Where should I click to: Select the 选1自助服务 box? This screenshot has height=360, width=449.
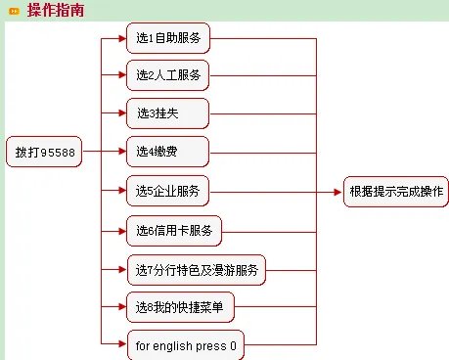click(x=168, y=39)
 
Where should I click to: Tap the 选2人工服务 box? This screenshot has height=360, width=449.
click(x=168, y=74)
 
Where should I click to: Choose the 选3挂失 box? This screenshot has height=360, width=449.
click(x=167, y=112)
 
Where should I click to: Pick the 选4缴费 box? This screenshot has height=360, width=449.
click(x=167, y=151)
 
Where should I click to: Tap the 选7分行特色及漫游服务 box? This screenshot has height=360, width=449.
click(x=196, y=269)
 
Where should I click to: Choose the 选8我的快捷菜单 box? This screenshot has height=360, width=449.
click(x=180, y=308)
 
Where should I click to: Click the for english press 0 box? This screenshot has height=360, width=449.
click(x=186, y=345)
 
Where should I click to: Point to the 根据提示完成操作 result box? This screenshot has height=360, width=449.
click(x=395, y=191)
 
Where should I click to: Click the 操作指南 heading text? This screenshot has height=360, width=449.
click(x=56, y=11)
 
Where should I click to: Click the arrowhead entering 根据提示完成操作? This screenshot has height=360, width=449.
click(x=338, y=191)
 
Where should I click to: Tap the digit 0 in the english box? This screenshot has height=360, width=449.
click(x=233, y=345)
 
